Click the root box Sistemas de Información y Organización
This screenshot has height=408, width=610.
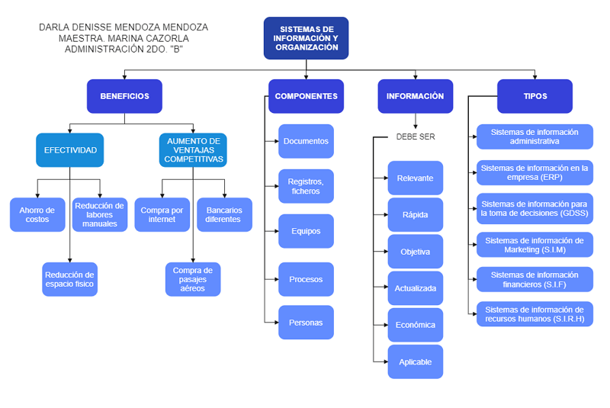click(x=306, y=38)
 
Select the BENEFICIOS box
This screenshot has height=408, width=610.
click(x=124, y=96)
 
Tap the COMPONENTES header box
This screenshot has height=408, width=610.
click(x=306, y=96)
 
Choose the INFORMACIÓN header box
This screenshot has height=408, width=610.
click(x=415, y=96)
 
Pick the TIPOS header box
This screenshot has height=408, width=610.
click(x=535, y=96)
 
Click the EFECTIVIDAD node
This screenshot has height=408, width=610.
click(x=69, y=150)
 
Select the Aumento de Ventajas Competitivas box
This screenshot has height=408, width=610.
click(x=193, y=150)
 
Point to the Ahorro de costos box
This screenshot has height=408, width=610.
click(x=37, y=214)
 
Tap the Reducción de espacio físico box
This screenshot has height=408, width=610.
click(x=69, y=279)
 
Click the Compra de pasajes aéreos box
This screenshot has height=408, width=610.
click(x=193, y=279)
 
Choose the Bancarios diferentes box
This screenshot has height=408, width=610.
click(x=224, y=214)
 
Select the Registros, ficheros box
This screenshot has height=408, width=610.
click(x=306, y=186)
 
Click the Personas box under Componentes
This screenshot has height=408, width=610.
click(x=306, y=322)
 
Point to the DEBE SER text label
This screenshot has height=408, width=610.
click(x=416, y=137)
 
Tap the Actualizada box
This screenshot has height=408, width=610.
click(x=416, y=288)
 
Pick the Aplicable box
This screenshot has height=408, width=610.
click(x=416, y=361)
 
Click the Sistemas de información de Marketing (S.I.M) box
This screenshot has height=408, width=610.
click(x=535, y=245)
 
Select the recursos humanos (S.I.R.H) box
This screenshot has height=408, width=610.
click(x=535, y=314)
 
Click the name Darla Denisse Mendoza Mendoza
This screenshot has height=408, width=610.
click(x=123, y=27)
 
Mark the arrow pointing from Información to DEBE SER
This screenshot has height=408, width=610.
click(x=416, y=121)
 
